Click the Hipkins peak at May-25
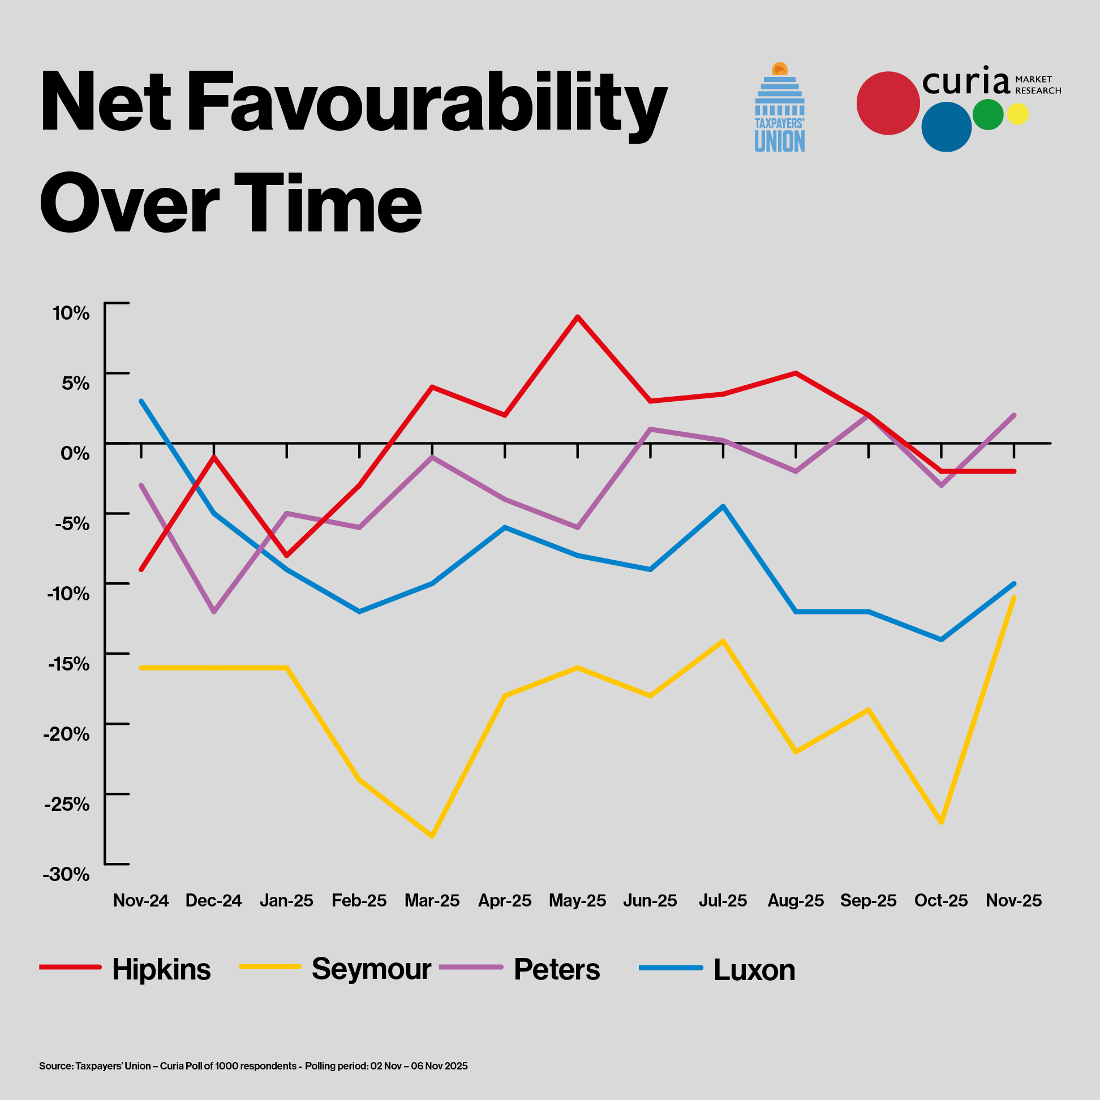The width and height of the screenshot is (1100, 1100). point(577,316)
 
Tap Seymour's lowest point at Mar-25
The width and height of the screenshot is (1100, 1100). point(432,836)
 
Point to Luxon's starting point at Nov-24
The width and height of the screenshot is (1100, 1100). point(141,401)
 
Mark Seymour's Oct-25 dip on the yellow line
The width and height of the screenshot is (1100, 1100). point(941,822)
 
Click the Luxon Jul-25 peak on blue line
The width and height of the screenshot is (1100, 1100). point(723,506)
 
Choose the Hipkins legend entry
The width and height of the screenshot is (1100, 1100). point(161,969)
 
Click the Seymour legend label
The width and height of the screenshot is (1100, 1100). point(371,969)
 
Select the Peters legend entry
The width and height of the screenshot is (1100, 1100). point(556,969)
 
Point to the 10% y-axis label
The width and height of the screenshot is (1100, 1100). point(71,312)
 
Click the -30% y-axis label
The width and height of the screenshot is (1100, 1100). point(67,874)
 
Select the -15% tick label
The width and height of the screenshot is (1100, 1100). point(68,664)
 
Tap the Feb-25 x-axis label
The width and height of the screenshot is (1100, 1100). point(359,900)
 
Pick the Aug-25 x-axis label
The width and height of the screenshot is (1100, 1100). point(796,900)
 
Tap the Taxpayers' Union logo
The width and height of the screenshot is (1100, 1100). point(780,108)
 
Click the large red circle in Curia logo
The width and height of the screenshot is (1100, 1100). point(888,103)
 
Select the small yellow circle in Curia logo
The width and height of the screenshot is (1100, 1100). point(1017,114)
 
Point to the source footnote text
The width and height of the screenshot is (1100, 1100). point(253,1065)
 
